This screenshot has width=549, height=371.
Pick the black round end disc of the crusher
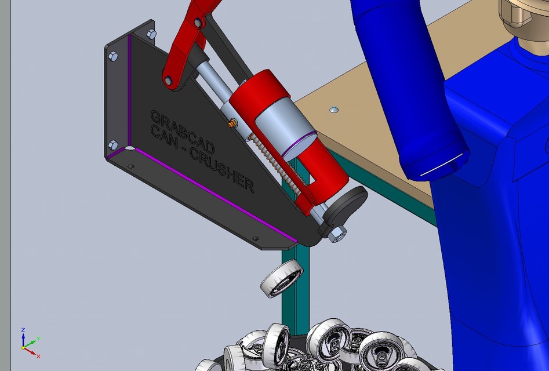coord(348,206)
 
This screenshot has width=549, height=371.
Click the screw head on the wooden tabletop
coord(333,109)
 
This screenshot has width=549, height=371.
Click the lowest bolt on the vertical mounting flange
coord(112,144)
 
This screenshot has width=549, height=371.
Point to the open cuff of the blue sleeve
coord(436,165)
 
